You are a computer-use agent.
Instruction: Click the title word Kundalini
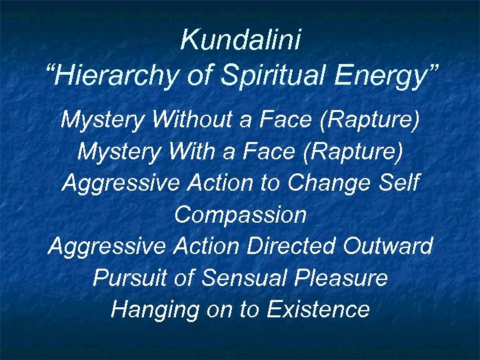tap(241, 41)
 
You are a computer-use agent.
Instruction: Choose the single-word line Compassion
tap(240, 215)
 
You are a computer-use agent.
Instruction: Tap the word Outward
tap(388, 246)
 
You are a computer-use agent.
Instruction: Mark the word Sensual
tap(238, 278)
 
